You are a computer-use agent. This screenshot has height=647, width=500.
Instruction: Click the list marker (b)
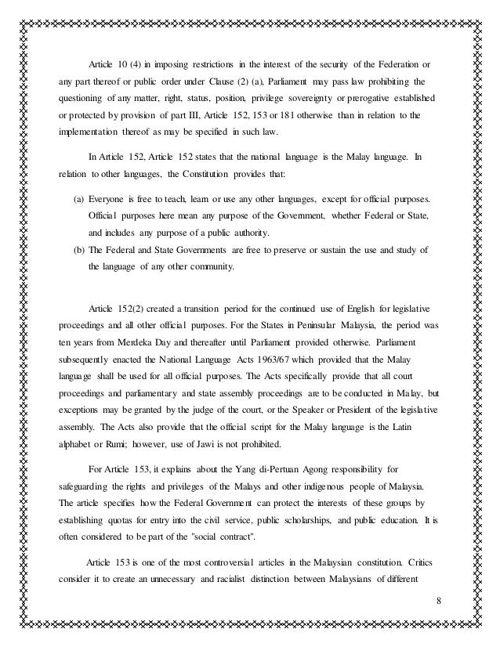point(79,249)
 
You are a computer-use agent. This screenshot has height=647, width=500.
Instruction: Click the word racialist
point(234,602)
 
